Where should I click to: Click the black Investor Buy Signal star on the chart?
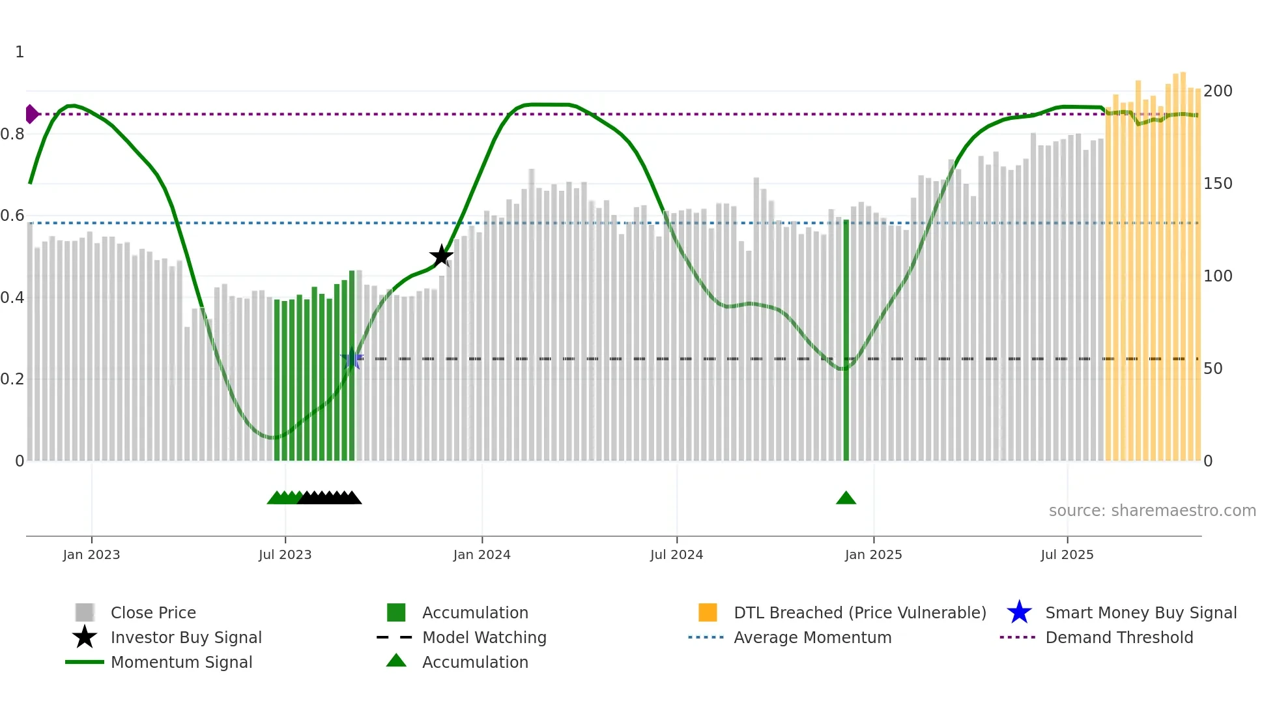click(441, 256)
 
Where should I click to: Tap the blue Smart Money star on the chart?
click(352, 358)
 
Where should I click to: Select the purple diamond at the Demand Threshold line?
click(31, 114)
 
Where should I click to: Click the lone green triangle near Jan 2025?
click(846, 498)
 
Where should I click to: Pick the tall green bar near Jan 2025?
click(846, 339)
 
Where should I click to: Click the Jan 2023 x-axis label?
click(91, 554)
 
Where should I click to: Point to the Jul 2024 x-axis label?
click(676, 554)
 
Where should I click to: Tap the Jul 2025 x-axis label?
click(1067, 554)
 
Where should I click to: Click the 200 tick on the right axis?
click(1218, 91)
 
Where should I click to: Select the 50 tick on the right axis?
click(1213, 369)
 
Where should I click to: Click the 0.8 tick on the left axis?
click(12, 134)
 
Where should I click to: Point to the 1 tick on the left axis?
click(20, 52)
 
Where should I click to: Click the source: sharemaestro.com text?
click(1152, 511)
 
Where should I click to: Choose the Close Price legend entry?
click(153, 612)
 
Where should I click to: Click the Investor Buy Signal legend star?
click(85, 637)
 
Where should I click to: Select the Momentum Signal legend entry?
click(181, 662)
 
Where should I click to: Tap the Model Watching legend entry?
click(484, 637)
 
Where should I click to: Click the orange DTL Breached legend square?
click(708, 612)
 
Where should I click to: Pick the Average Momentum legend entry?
click(812, 637)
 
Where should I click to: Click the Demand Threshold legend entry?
click(1119, 637)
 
